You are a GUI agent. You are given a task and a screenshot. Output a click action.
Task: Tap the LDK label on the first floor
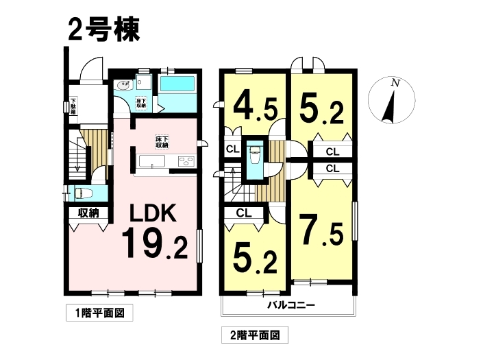pyautogui.click(x=153, y=213)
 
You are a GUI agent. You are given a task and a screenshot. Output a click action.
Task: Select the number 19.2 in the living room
pyautogui.click(x=155, y=243)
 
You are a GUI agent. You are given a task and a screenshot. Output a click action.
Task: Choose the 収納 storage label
pyautogui.click(x=88, y=213)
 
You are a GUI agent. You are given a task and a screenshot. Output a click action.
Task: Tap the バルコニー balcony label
pyautogui.click(x=290, y=305)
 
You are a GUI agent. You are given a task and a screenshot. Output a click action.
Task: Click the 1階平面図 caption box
pyautogui.click(x=99, y=313)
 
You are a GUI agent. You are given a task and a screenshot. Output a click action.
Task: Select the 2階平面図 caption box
pyautogui.click(x=255, y=335)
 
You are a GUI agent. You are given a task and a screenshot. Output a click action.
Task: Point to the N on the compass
pyautogui.click(x=395, y=82)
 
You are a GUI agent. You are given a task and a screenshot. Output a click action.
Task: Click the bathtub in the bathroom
pyautogui.click(x=177, y=84)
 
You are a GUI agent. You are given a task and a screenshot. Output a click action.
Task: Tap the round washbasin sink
pyautogui.click(x=123, y=85)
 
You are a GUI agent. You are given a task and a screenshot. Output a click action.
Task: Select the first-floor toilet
pyautogui.click(x=84, y=193)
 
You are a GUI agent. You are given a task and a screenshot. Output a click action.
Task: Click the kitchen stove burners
pyautogui.click(x=186, y=161)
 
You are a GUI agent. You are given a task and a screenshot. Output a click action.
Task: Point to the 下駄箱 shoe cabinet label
pyautogui.click(x=73, y=106)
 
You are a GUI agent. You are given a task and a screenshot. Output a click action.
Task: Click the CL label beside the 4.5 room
pyautogui.click(x=232, y=149)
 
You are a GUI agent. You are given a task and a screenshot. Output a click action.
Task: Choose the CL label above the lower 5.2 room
pyautogui.click(x=244, y=213)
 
